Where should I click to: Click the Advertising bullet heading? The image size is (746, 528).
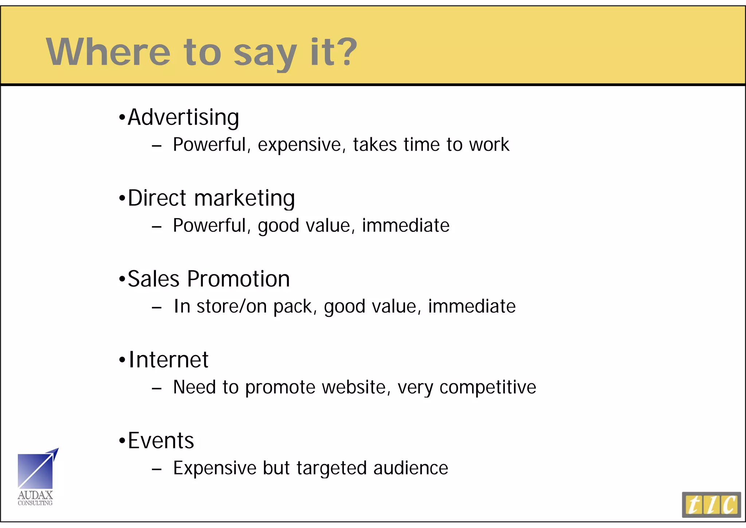(x=183, y=117)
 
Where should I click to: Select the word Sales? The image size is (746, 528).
(x=153, y=279)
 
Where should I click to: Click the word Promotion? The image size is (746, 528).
(x=238, y=279)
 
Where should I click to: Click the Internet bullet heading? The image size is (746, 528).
(x=168, y=360)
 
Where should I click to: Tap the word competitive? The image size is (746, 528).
(x=488, y=388)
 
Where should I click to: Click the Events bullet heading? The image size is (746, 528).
(x=161, y=440)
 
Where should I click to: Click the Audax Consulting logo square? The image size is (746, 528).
(x=35, y=471)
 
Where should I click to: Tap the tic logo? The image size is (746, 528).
(x=711, y=505)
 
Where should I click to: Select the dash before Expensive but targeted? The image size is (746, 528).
(x=157, y=469)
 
